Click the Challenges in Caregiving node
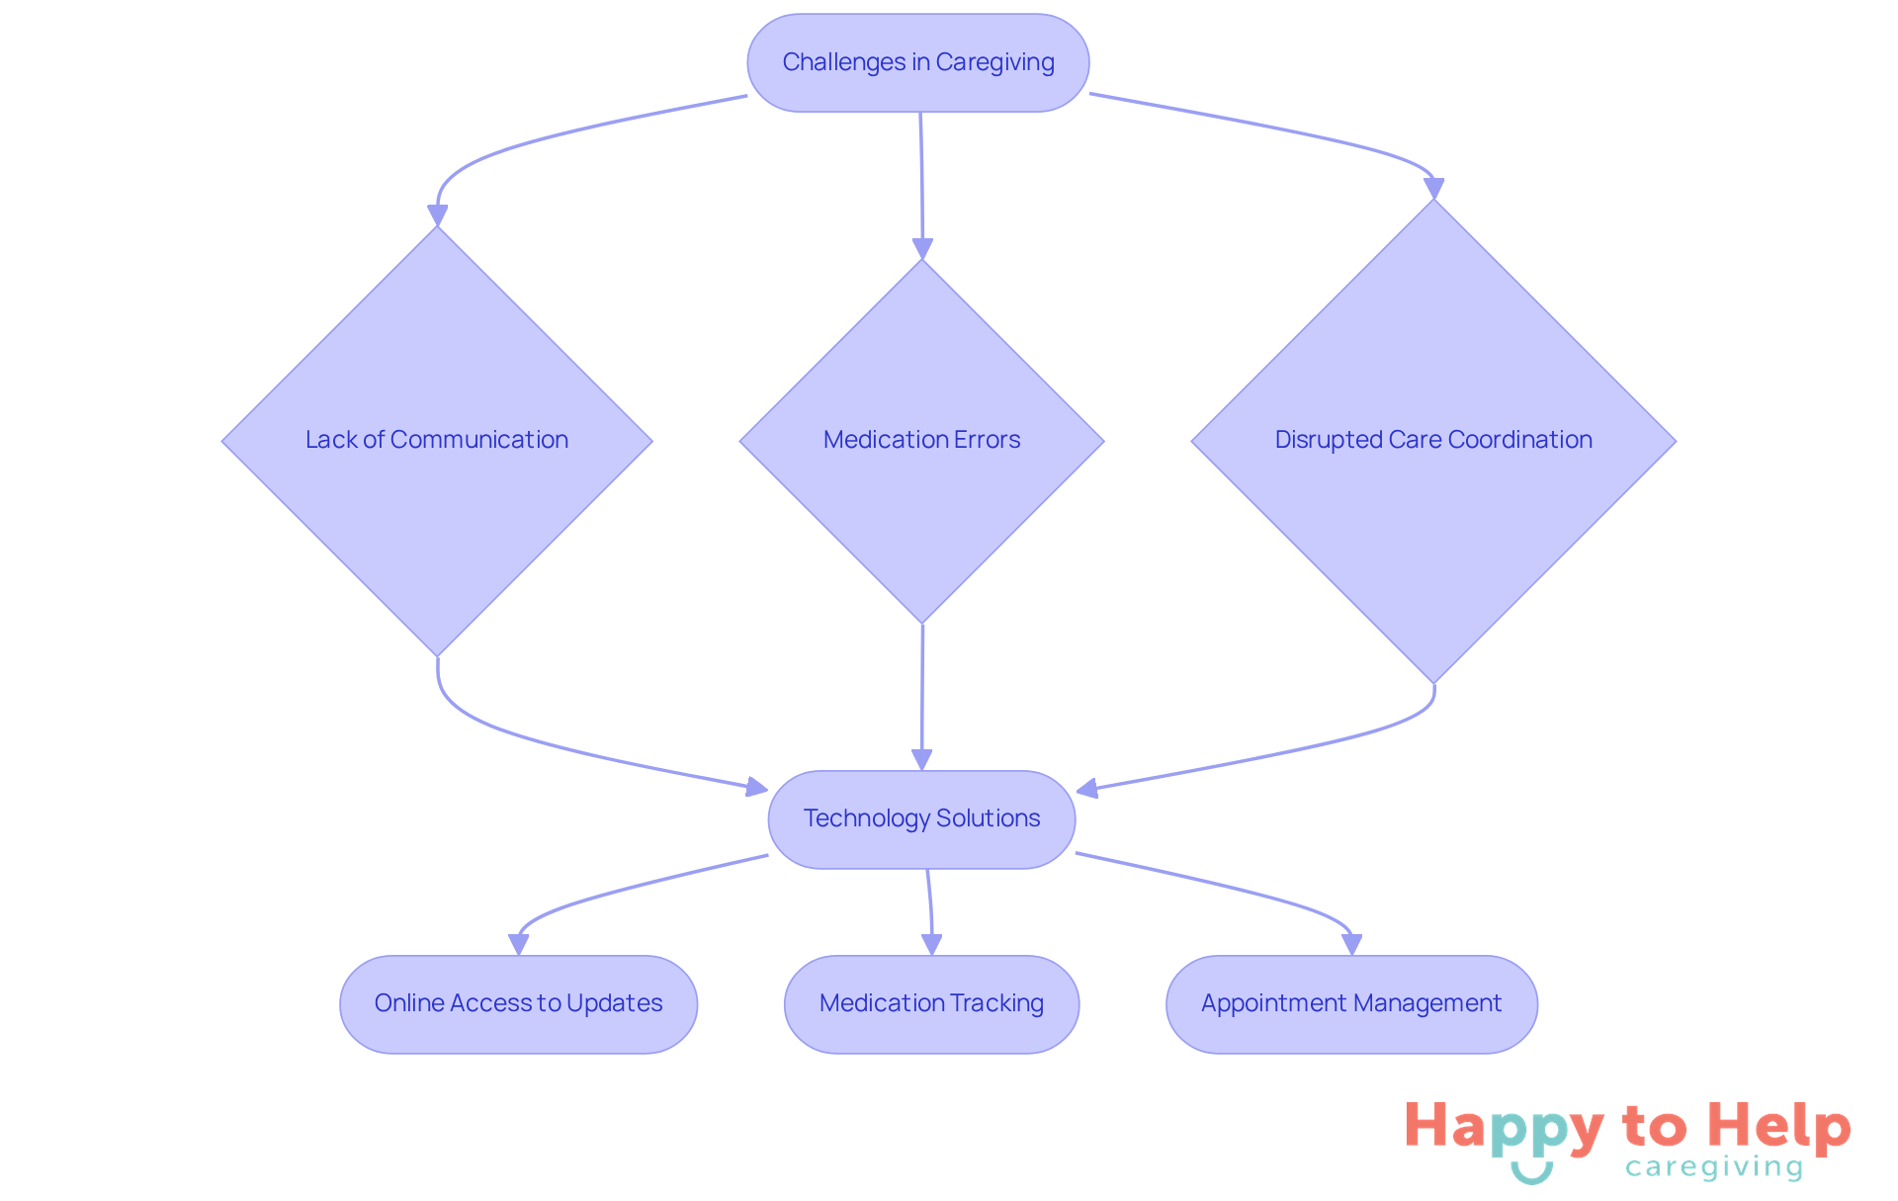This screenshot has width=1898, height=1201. tap(918, 62)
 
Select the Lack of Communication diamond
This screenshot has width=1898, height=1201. tap(437, 440)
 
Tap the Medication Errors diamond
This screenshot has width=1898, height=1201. tap(921, 440)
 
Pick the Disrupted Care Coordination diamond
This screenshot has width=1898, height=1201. tap(1433, 440)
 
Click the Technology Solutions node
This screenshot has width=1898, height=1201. tap(921, 818)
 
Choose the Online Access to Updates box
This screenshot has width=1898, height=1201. tap(518, 1003)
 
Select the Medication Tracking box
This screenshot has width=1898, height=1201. tap(931, 1003)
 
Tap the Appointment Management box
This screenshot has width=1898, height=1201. tap(1351, 1003)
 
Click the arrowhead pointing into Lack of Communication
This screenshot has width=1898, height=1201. tap(437, 215)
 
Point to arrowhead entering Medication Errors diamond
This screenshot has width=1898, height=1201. tap(922, 248)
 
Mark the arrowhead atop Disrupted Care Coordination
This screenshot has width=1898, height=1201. tap(1433, 188)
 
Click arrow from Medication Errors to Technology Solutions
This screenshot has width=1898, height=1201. tap(922, 692)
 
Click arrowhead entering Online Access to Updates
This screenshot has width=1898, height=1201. tap(518, 944)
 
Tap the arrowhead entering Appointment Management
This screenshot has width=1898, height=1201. tap(1351, 944)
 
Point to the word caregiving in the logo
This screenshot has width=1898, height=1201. tap(1714, 1167)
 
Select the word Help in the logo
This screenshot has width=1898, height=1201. tap(1779, 1126)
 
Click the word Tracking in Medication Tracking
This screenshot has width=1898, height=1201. tap(997, 1003)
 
